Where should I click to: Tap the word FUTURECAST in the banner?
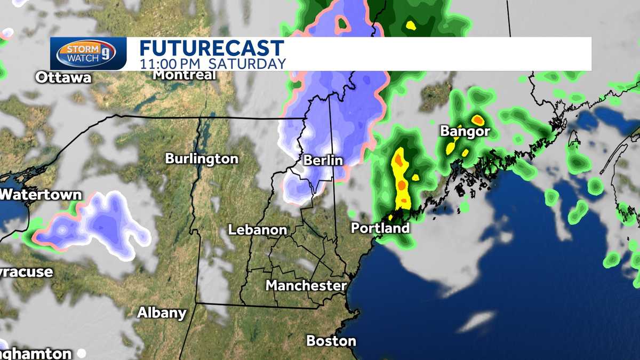pyautogui.click(x=212, y=48)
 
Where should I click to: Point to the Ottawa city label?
pyautogui.click(x=63, y=78)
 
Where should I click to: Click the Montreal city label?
pyautogui.click(x=184, y=75)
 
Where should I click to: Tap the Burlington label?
pyautogui.click(x=202, y=158)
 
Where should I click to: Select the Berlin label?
pyautogui.click(x=323, y=160)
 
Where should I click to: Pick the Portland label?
pyautogui.click(x=380, y=228)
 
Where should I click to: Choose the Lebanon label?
pyautogui.click(x=258, y=230)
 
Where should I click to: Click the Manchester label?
pyautogui.click(x=306, y=285)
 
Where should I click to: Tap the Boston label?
pyautogui.click(x=331, y=340)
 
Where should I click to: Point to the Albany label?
pyautogui.click(x=162, y=313)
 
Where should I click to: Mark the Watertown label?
pyautogui.click(x=41, y=195)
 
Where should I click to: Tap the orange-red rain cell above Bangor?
pyautogui.click(x=477, y=119)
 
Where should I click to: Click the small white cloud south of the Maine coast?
pyautogui.click(x=476, y=321)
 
